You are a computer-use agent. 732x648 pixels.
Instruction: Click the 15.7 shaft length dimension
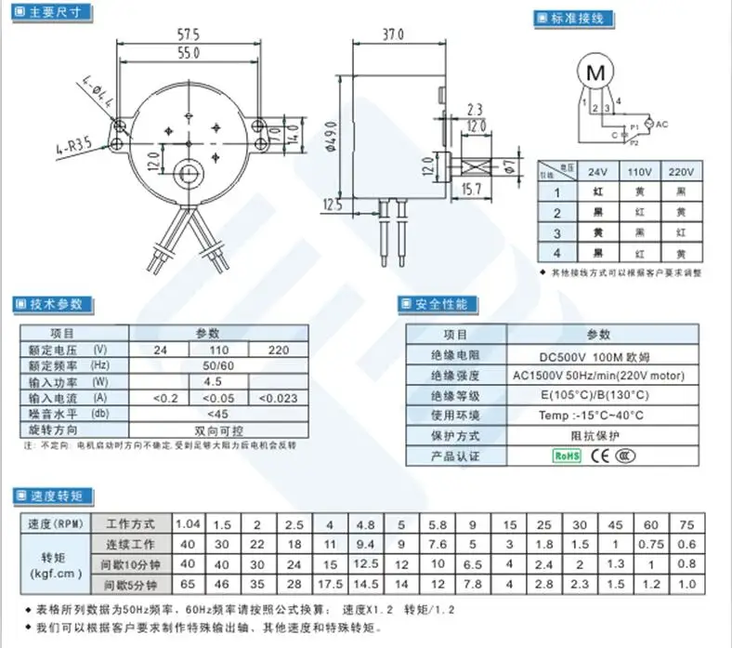pyautogui.click(x=473, y=190)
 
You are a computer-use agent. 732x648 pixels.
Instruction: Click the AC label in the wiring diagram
pyautogui.click(x=662, y=124)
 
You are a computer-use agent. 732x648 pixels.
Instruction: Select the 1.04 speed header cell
pyautogui.click(x=189, y=523)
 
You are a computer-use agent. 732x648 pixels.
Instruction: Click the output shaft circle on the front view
pyautogui.click(x=190, y=174)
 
